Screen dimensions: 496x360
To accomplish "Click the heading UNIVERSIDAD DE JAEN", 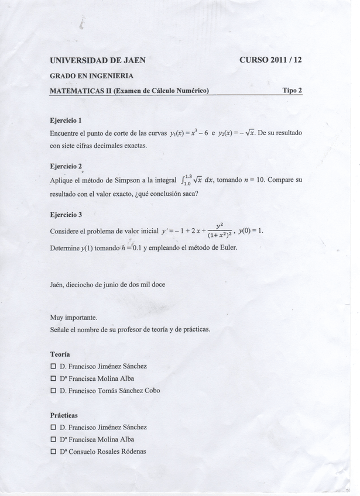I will (x=98, y=60).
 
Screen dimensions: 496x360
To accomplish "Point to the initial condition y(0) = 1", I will (x=251, y=230).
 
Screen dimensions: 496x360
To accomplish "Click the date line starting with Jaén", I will (x=108, y=285).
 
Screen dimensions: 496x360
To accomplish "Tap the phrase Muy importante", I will (x=74, y=318).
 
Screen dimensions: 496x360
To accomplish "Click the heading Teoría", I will (x=60, y=354).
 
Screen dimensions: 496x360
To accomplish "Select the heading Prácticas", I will (x=64, y=415).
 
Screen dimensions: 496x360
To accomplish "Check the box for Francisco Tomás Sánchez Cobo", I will (x=53, y=391).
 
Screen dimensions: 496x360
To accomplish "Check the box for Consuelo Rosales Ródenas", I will (x=53, y=452).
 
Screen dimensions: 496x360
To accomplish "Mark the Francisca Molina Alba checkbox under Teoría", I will (x=53, y=378).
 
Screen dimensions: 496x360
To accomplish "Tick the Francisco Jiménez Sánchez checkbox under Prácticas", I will (x=53, y=428).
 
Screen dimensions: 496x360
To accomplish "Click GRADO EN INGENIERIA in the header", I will (x=92, y=76).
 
